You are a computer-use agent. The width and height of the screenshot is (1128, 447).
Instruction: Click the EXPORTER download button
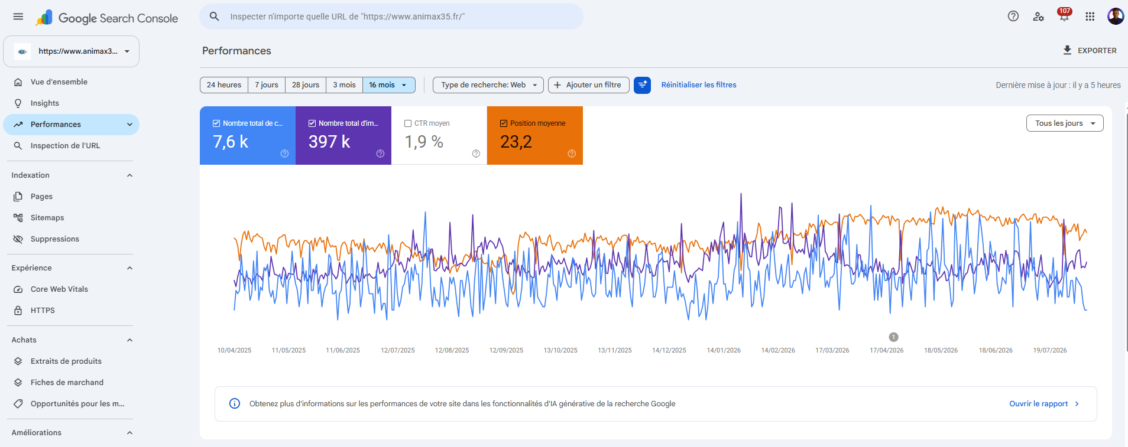[x=1090, y=51]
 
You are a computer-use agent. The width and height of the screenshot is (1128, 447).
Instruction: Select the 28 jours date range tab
[x=306, y=85]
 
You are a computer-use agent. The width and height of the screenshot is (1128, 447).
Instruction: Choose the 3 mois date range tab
[x=344, y=85]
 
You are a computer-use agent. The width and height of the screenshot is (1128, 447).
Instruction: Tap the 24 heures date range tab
[x=224, y=85]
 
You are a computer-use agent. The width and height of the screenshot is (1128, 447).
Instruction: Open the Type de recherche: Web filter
[x=488, y=85]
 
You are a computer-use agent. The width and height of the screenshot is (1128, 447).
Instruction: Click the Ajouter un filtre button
[x=589, y=85]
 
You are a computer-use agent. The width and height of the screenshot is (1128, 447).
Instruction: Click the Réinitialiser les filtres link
[x=699, y=85]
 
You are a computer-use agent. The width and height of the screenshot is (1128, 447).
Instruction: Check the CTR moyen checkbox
[x=408, y=123]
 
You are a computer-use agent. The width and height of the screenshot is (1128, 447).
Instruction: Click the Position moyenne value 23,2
[x=516, y=142]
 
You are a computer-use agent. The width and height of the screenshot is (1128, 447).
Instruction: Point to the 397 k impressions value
[x=329, y=142]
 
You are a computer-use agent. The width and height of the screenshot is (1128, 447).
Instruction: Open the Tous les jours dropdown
[x=1065, y=123]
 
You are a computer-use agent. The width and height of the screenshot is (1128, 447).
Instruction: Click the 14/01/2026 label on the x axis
[x=724, y=350]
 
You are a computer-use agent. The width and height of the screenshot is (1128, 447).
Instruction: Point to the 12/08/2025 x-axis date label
[x=452, y=350]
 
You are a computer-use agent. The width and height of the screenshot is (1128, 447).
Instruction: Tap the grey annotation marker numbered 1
[x=893, y=337]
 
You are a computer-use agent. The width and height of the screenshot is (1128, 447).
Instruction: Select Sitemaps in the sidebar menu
[x=47, y=218]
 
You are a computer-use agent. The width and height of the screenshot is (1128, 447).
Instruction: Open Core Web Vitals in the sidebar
[x=59, y=289]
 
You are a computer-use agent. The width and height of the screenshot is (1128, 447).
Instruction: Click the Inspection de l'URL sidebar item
[x=65, y=146]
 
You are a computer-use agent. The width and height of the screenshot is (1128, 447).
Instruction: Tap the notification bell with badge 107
[x=1064, y=16]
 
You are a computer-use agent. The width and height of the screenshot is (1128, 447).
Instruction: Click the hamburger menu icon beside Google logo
[x=18, y=17]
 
